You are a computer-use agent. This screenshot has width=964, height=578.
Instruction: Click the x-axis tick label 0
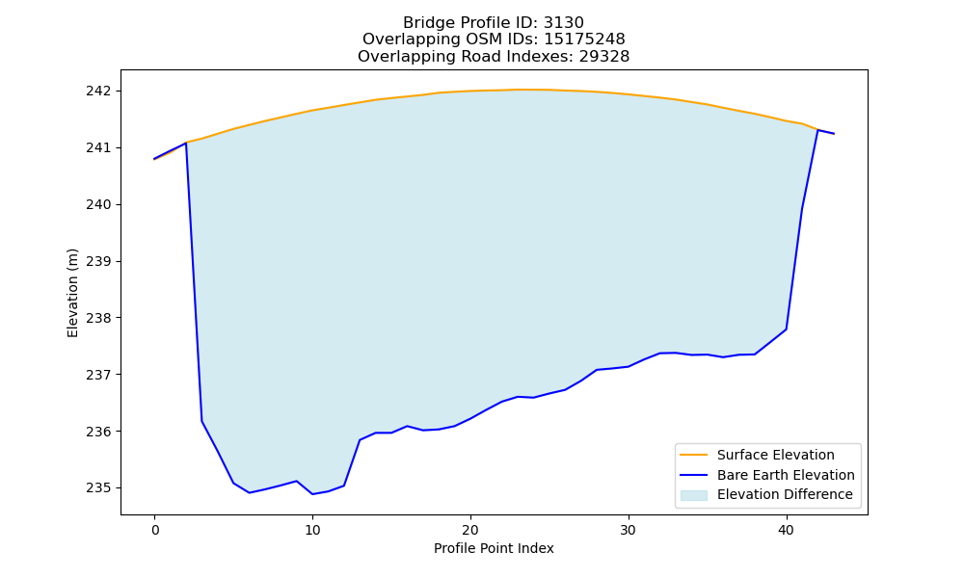click(155, 530)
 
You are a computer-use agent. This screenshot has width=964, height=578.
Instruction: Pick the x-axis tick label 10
click(312, 530)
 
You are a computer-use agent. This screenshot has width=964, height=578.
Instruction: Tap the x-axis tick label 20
click(470, 530)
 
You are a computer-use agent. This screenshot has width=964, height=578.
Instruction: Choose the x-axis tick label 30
click(629, 530)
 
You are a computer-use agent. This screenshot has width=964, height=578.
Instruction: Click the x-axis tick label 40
click(787, 530)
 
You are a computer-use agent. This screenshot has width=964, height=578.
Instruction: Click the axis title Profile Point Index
click(494, 548)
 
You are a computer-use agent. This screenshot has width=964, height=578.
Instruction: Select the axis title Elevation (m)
click(72, 293)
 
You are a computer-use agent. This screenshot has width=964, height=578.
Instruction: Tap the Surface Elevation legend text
click(776, 455)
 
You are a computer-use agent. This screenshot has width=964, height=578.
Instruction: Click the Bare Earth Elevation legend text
click(786, 475)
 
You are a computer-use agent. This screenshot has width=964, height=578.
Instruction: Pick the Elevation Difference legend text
click(785, 494)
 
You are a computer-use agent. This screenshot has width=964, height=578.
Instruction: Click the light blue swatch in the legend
click(693, 495)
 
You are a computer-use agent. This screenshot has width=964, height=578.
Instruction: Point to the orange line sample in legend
click(693, 455)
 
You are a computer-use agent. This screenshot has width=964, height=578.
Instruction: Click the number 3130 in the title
click(564, 23)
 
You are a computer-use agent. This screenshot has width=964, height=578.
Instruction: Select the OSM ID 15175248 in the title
click(585, 39)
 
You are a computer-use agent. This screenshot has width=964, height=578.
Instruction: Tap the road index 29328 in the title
click(604, 57)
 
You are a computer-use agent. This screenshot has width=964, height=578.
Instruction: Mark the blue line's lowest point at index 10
click(312, 494)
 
